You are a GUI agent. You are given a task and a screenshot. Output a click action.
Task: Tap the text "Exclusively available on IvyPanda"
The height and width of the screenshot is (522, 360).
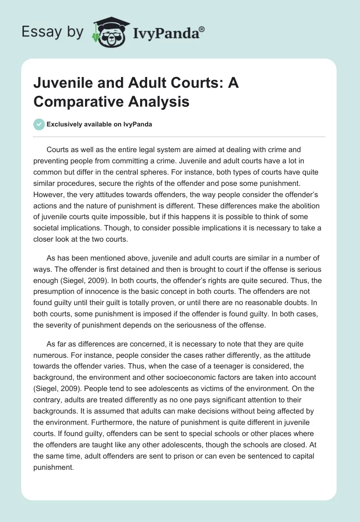point(99,125)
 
